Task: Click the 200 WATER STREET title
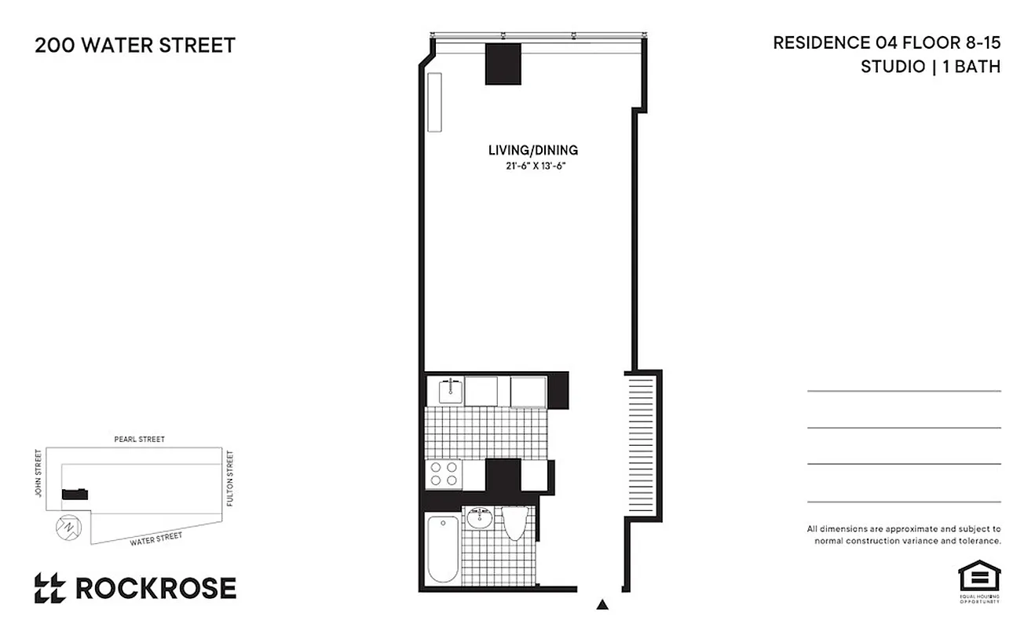click(x=135, y=46)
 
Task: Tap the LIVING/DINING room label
click(x=533, y=150)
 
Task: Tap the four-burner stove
click(x=443, y=473)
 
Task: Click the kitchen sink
click(x=451, y=390)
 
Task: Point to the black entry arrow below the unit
click(x=602, y=604)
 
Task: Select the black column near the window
click(x=503, y=64)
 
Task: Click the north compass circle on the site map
click(x=68, y=527)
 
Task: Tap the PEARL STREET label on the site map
click(x=139, y=440)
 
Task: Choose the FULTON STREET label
click(x=230, y=477)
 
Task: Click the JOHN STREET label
click(x=37, y=474)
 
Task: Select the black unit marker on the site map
click(x=75, y=494)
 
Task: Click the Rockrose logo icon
click(x=49, y=588)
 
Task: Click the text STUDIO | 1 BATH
click(x=931, y=67)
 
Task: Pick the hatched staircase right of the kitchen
click(x=642, y=447)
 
